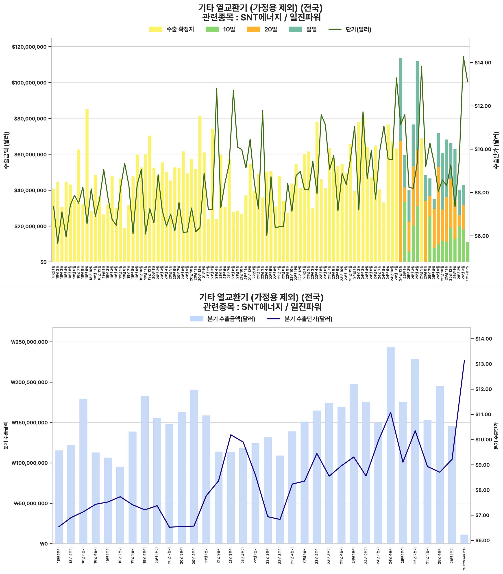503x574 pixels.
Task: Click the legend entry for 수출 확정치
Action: point(180,29)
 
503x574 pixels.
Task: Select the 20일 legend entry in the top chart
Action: point(270,29)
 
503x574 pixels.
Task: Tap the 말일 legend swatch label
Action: point(311,29)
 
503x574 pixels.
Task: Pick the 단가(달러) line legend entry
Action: point(358,29)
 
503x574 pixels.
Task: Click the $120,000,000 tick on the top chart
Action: point(29,47)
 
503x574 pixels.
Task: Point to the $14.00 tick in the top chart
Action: point(483,63)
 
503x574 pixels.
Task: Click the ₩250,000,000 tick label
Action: point(29,342)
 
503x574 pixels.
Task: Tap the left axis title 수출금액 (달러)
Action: point(6,150)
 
